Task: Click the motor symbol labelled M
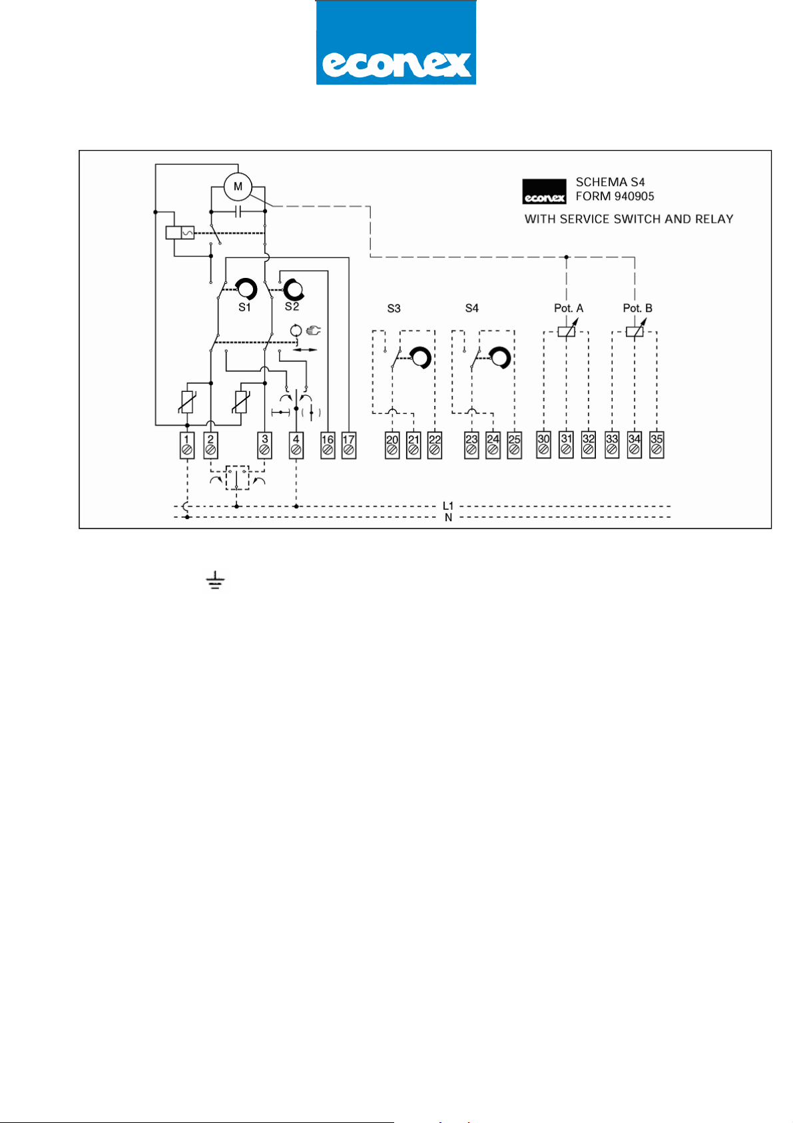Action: pos(238,187)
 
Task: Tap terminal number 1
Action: pos(188,445)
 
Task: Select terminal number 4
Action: pos(296,445)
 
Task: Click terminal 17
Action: pos(348,445)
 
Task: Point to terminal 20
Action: pos(392,445)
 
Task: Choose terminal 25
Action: pos(514,445)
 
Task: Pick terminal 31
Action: pos(566,445)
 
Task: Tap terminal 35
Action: pos(657,445)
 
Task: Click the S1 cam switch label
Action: pos(244,308)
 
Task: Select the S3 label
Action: pos(394,309)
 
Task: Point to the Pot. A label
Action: pos(569,308)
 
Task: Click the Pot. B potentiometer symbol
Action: pos(635,331)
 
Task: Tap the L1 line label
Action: pos(448,507)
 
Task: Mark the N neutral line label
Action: pos(448,518)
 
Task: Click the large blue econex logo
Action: pos(396,43)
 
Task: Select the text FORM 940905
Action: pos(615,197)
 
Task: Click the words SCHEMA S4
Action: pos(610,182)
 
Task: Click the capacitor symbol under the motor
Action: pos(238,212)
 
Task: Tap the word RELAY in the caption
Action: pos(714,219)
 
